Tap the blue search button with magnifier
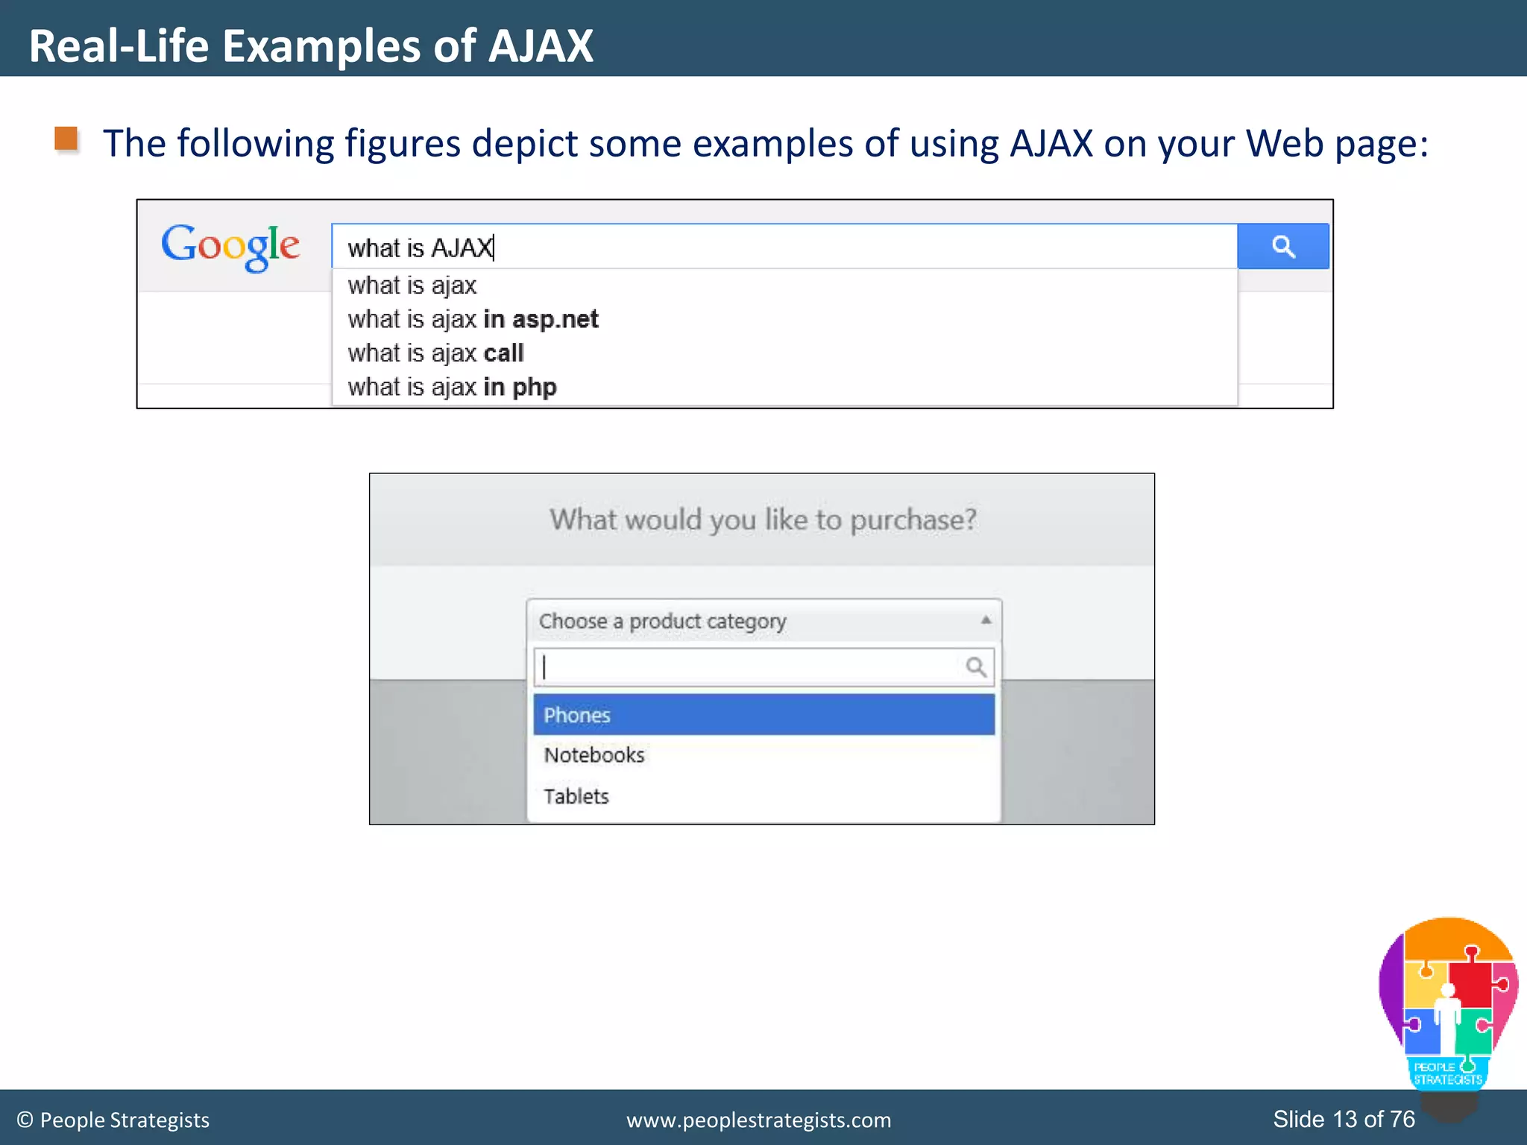[1282, 246]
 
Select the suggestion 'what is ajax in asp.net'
[473, 319]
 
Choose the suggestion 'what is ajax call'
[435, 353]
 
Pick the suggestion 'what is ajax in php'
[452, 388]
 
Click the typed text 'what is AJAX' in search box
[420, 247]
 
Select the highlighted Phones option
[763, 715]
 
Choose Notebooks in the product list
[594, 755]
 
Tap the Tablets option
[576, 796]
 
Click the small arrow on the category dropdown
[986, 620]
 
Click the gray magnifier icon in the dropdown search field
[976, 666]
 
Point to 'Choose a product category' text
[662, 621]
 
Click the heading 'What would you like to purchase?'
[763, 520]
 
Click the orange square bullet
[66, 139]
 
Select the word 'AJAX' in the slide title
[541, 46]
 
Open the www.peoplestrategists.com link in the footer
[758, 1120]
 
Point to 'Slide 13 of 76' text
[1344, 1119]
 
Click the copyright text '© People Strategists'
[113, 1120]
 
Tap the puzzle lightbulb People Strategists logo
[1448, 1006]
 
